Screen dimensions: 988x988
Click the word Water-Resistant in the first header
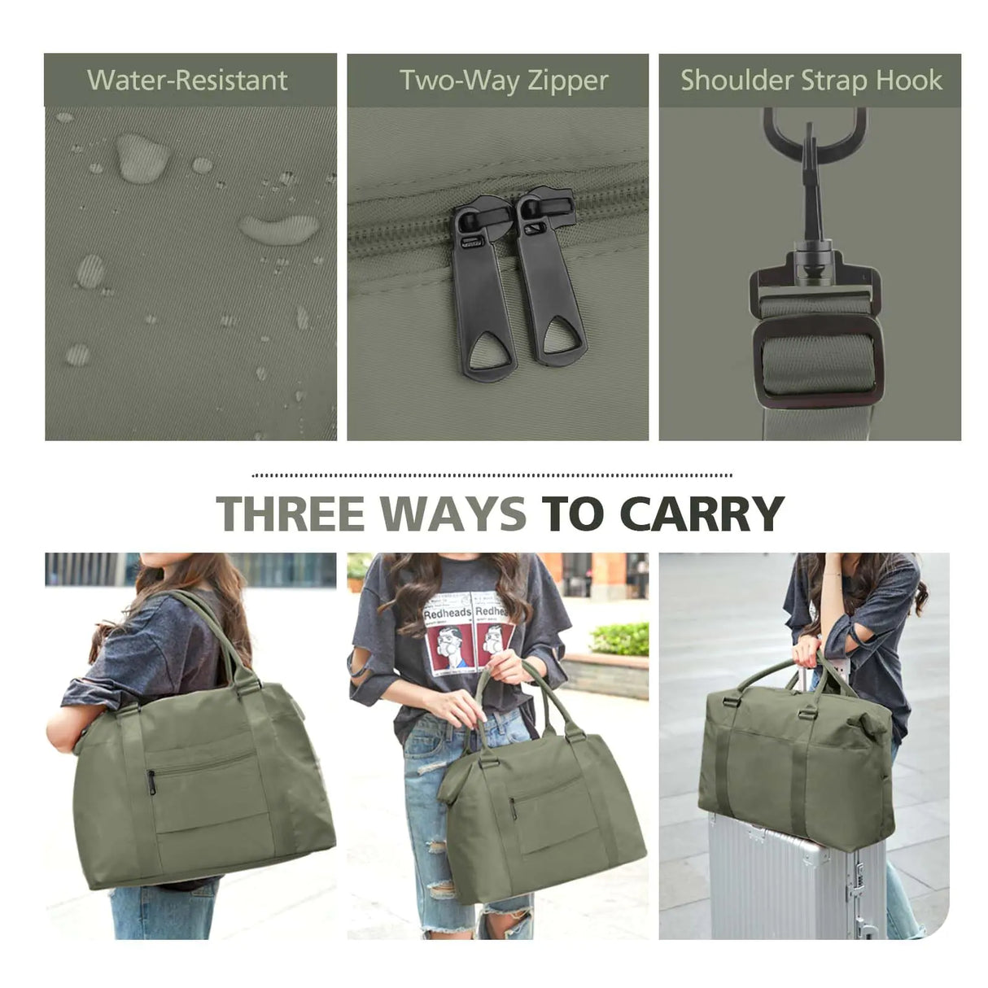tap(187, 81)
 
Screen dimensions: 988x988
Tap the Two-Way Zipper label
tap(504, 81)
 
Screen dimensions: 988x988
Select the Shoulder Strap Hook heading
tap(811, 81)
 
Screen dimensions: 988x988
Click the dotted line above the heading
tap(492, 474)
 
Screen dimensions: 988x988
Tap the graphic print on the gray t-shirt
tap(469, 632)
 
